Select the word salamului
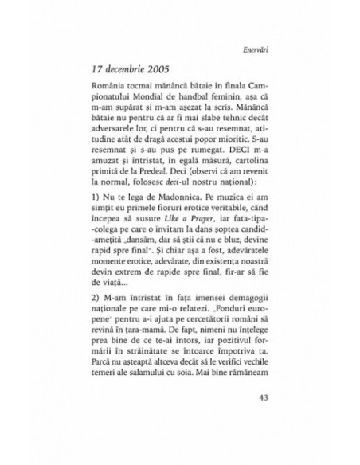click(186, 384)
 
